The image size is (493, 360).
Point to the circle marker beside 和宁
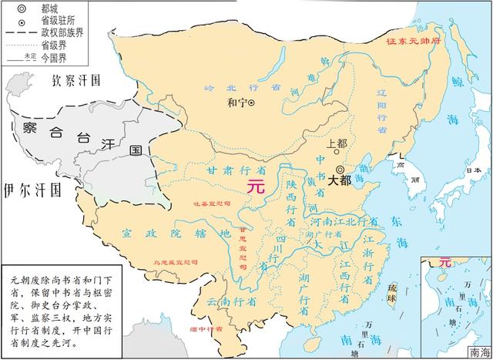(250, 102)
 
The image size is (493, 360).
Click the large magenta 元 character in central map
(256, 186)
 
